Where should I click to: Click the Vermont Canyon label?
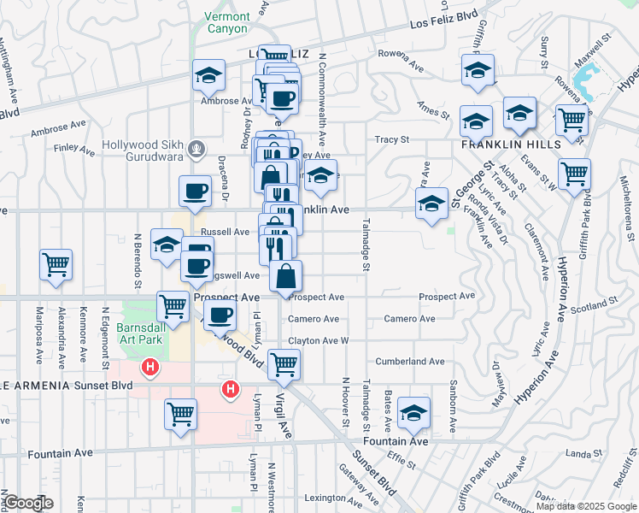227,22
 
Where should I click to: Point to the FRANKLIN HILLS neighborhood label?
511,144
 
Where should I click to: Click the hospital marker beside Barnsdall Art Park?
150,369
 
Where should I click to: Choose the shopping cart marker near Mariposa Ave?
56,264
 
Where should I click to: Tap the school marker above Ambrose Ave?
208,75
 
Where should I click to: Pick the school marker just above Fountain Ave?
414,412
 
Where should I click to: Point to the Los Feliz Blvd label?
443,19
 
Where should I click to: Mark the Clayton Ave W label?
319,340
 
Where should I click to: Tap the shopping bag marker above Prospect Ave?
285,276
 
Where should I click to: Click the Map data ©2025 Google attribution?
585,505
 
